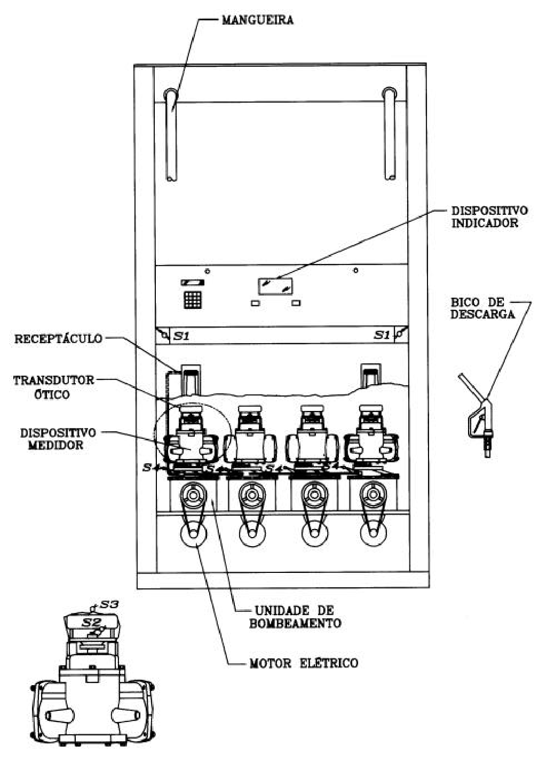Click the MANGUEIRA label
pyautogui.click(x=258, y=20)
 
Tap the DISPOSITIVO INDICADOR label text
pyautogui.click(x=489, y=217)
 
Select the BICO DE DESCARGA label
pyautogui.click(x=482, y=308)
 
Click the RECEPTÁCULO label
pyautogui.click(x=58, y=338)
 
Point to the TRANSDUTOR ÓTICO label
pyautogui.click(x=53, y=387)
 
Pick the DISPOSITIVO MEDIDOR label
pyautogui.click(x=58, y=439)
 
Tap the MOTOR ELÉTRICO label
pyautogui.click(x=304, y=663)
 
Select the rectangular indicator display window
pyautogui.click(x=275, y=286)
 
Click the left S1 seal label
pyautogui.click(x=181, y=336)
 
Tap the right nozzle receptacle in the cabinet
pyautogui.click(x=371, y=376)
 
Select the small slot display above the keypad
pyautogui.click(x=193, y=282)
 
